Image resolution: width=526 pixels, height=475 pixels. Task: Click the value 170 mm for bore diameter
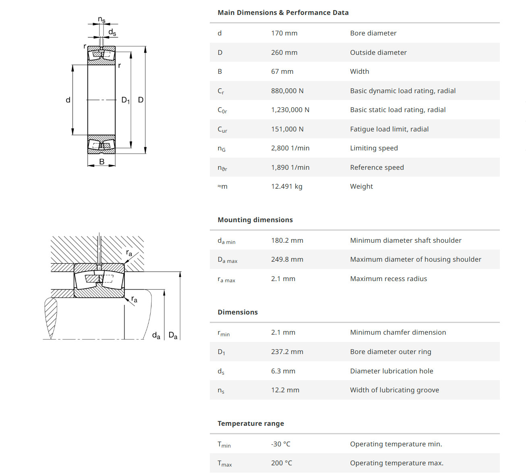click(284, 33)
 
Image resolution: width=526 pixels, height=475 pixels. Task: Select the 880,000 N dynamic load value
click(287, 91)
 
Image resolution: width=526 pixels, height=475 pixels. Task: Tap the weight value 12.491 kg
click(286, 186)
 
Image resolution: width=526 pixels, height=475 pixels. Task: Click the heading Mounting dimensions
click(255, 220)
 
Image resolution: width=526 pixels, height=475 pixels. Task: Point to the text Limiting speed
click(374, 148)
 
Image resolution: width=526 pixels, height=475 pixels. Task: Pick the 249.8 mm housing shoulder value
click(287, 259)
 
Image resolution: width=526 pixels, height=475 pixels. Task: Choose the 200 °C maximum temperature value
click(282, 463)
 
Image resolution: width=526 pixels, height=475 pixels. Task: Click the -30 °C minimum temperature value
click(280, 444)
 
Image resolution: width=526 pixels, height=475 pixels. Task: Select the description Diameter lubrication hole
click(391, 371)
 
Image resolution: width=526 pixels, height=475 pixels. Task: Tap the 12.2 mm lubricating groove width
click(285, 390)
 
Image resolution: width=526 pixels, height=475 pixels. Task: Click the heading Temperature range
click(251, 423)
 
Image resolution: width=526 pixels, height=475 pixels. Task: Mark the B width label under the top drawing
click(102, 162)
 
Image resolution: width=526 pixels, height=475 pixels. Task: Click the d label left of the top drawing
click(68, 100)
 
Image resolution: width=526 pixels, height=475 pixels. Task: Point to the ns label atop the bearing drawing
click(101, 20)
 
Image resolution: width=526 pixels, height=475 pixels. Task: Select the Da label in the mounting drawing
click(173, 335)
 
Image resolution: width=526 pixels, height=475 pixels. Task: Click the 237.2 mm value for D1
click(287, 352)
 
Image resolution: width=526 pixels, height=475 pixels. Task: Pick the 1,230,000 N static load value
click(290, 110)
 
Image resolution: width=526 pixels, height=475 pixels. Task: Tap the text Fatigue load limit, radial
click(389, 129)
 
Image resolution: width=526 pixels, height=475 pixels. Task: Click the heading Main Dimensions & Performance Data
click(283, 12)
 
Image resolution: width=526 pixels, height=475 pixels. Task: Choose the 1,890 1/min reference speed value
click(290, 167)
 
